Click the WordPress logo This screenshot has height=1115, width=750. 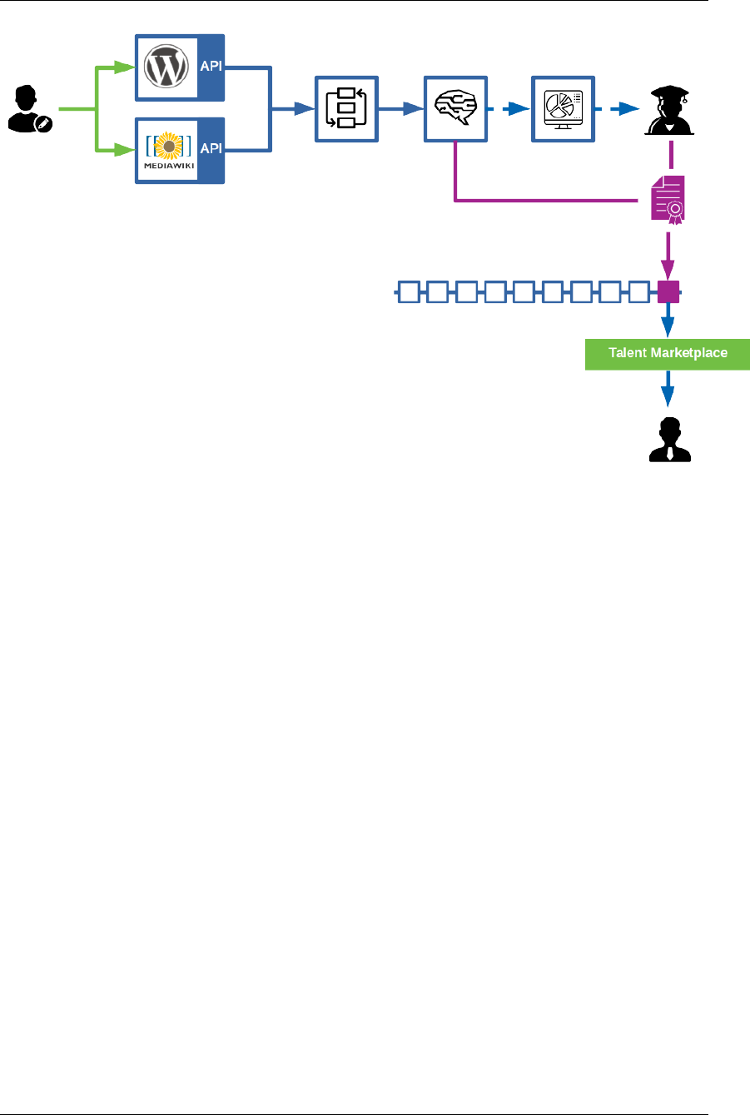tap(167, 67)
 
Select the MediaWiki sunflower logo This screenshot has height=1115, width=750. tap(169, 146)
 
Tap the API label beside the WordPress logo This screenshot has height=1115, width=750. tap(211, 67)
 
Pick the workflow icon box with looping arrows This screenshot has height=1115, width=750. tap(345, 108)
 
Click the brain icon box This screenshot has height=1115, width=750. tap(454, 108)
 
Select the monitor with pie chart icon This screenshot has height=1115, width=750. tap(563, 108)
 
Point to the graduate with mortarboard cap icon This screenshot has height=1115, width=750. tap(670, 112)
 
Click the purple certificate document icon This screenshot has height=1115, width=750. tap(669, 200)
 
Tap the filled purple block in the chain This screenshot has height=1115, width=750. tap(668, 292)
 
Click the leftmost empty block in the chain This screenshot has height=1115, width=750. tap(408, 292)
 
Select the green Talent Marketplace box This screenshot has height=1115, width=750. tap(668, 353)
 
